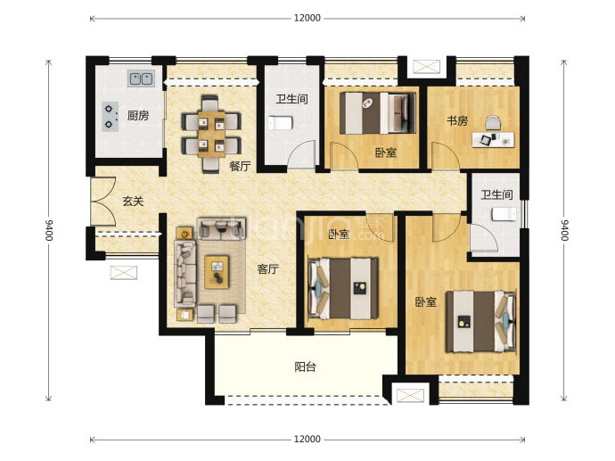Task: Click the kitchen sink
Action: pos(141,78)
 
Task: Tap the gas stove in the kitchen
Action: pos(111,117)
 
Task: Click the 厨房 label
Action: pos(138,115)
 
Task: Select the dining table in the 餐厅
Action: pos(211,135)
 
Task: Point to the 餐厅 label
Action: pos(240,166)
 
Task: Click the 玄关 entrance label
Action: pos(134,202)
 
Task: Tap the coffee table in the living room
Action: pos(217,272)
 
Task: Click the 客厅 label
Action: pos(268,269)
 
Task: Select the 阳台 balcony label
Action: pos(305,366)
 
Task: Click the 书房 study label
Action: pos(457,121)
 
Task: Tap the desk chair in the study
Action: pos(493,123)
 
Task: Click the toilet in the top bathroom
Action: pos(281,123)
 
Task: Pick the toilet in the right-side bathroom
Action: pos(504,214)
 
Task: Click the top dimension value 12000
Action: pos(307,18)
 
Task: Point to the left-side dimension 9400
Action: pos(49,230)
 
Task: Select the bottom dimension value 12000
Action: pos(307,439)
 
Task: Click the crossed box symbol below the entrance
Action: pos(124,273)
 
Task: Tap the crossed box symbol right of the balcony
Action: pos(410,395)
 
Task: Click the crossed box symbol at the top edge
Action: pos(426,66)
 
